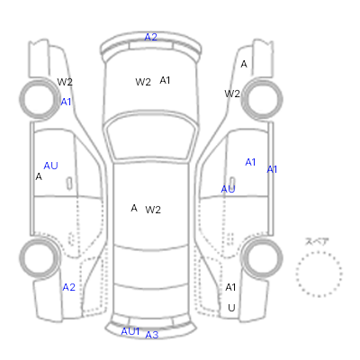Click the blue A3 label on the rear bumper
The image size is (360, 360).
point(151,335)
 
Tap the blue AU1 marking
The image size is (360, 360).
point(130,331)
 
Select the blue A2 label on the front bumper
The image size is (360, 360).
point(150,37)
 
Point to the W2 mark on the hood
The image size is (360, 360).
point(143,82)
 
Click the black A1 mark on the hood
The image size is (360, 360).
point(165,80)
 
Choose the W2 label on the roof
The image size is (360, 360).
point(153,210)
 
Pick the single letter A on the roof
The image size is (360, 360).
point(134,208)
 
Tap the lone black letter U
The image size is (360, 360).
point(231,308)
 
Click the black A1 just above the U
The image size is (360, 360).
point(230,287)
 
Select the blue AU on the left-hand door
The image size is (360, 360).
point(50,166)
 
